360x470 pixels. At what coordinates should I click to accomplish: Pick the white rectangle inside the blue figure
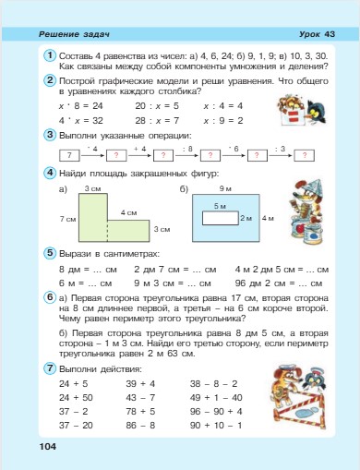coord(220,219)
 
